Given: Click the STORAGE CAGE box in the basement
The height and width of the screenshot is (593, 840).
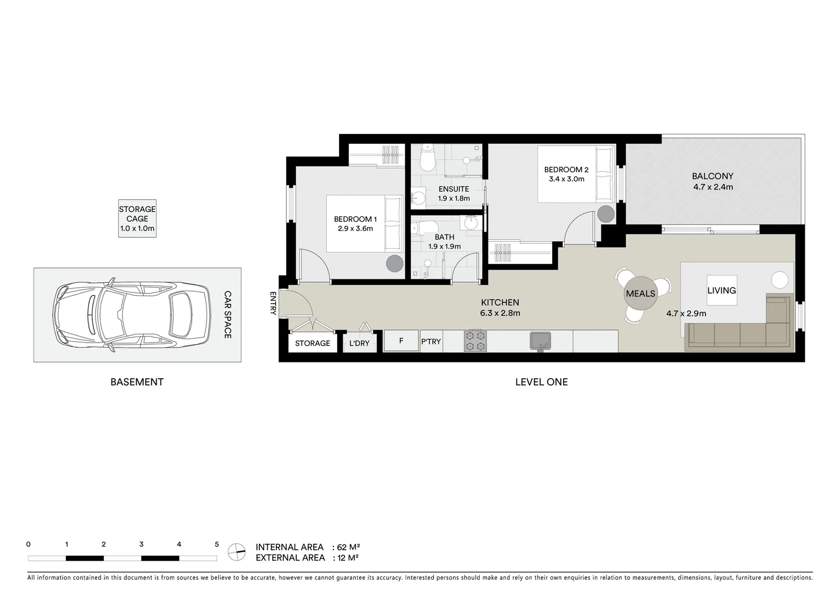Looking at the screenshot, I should [x=137, y=219].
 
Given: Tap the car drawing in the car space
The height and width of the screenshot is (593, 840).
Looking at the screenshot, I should [x=131, y=315].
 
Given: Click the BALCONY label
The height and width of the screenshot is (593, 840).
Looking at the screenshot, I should [x=713, y=176].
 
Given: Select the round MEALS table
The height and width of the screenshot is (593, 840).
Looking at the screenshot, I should [x=641, y=294].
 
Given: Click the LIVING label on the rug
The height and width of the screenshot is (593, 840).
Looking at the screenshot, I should [x=721, y=290].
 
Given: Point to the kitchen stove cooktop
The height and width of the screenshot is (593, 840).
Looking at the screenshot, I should [x=475, y=341].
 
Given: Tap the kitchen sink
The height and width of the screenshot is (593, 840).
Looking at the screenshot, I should [x=540, y=341].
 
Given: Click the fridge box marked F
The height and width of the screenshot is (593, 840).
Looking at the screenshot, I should [x=401, y=341].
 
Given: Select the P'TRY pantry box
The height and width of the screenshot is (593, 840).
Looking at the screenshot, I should [x=431, y=342].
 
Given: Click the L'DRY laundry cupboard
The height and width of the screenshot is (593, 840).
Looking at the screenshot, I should [x=359, y=343].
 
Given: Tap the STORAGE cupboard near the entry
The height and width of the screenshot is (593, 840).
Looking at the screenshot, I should [x=313, y=343].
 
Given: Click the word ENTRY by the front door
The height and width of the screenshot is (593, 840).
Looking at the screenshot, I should [x=273, y=303].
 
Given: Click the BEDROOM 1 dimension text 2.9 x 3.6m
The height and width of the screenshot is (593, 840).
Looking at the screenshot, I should [x=355, y=228].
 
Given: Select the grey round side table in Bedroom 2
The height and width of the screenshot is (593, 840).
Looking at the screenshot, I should [x=607, y=214].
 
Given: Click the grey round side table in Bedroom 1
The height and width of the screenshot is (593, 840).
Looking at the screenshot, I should [x=394, y=264].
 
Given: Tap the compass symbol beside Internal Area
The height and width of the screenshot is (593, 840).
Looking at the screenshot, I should [x=237, y=552].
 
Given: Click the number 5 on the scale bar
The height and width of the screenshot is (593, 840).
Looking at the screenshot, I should [x=216, y=545].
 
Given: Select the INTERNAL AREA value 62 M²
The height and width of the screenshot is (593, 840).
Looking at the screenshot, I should [x=348, y=547].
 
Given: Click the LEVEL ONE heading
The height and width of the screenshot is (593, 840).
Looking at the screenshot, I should [x=541, y=382].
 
